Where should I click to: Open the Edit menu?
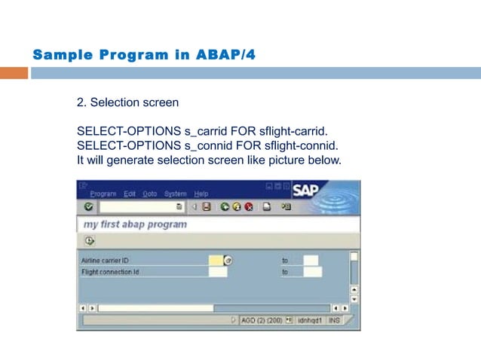(x=130, y=194)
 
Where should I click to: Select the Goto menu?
(x=150, y=194)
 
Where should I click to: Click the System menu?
(x=175, y=194)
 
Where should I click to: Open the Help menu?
(x=201, y=194)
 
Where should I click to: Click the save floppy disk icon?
(x=206, y=206)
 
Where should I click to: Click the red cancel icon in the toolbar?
(x=248, y=206)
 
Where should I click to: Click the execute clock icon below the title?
(x=89, y=240)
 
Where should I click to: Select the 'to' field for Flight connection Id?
(x=311, y=272)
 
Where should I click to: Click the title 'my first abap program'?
(x=135, y=224)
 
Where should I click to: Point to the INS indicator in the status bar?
(x=334, y=320)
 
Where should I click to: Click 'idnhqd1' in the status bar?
(x=310, y=320)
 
